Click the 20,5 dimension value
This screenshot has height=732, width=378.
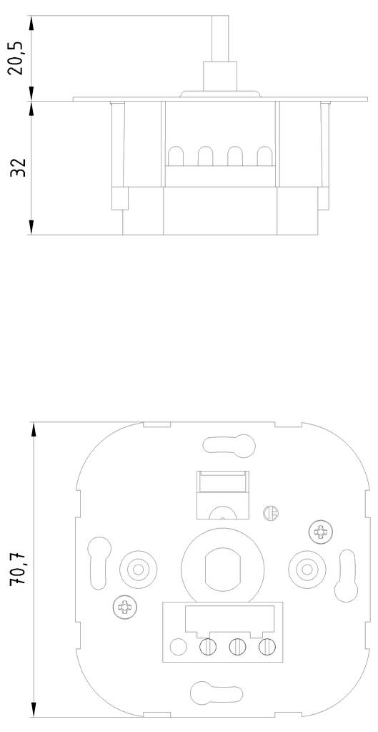[19, 58]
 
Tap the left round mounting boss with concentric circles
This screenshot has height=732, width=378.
[135, 570]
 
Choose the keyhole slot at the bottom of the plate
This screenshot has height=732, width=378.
[214, 693]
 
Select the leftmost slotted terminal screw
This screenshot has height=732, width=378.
[207, 648]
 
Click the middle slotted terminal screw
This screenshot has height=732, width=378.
[237, 648]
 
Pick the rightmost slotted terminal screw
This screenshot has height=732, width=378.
[267, 648]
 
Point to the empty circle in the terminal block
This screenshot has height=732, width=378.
[177, 648]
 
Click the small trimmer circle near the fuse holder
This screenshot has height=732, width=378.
[269, 513]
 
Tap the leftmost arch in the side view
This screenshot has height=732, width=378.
[175, 156]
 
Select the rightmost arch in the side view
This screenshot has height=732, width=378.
[265, 156]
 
